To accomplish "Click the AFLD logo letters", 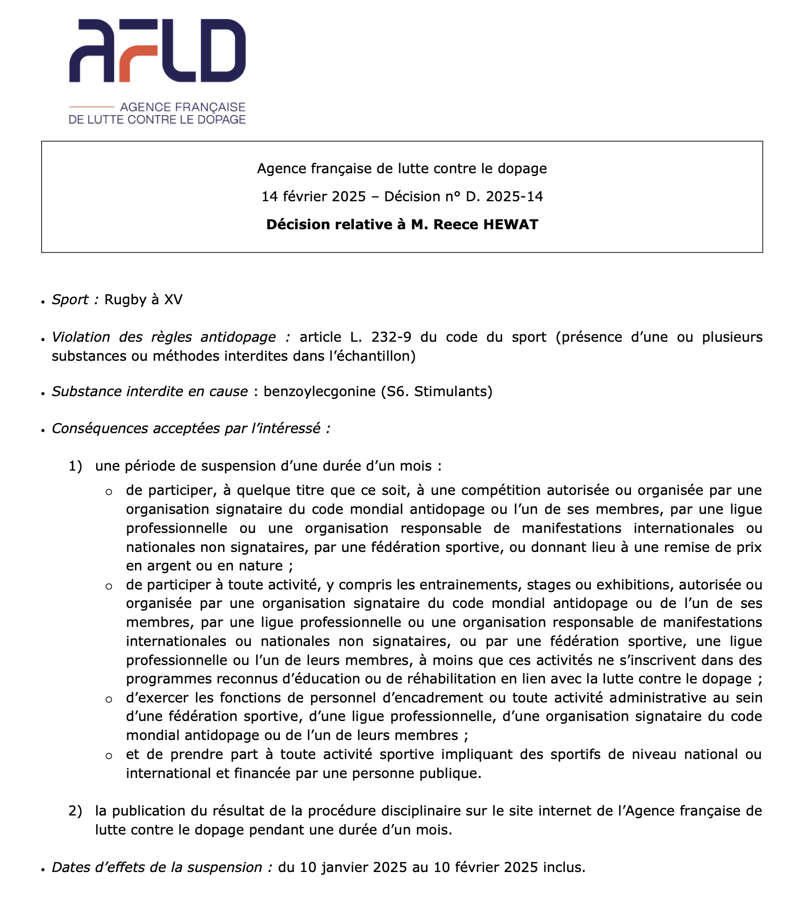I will coord(157,51).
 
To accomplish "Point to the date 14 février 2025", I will coord(314,196).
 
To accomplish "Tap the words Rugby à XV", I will coord(144,299).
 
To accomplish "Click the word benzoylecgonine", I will coord(320,391).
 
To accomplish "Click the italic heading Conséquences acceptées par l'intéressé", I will coord(191,428).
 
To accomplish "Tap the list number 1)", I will coord(76,466).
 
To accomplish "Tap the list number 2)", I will coord(76,811).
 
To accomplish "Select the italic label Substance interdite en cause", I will coord(149,391).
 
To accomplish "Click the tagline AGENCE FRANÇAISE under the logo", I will coord(183,107).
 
